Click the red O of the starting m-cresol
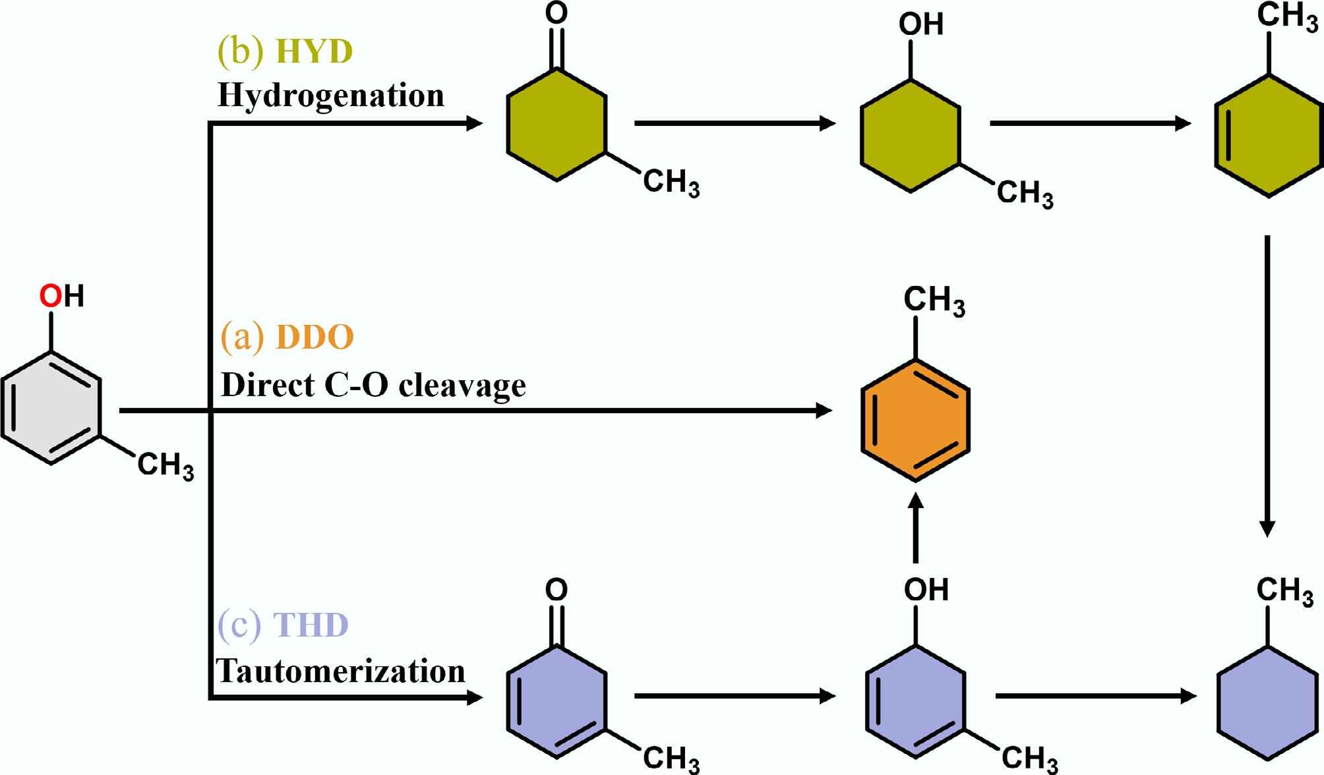tap(50, 296)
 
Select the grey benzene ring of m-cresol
tap(51, 409)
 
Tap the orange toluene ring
tap(915, 420)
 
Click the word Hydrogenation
tap(331, 96)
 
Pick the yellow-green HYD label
tap(314, 51)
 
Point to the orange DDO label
tap(315, 337)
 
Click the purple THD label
tap(310, 625)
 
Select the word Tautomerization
tap(341, 672)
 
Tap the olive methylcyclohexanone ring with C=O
tap(557, 125)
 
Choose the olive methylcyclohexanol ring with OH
tap(911, 136)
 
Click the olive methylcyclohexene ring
tap(1269, 136)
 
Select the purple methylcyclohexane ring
tap(1267, 703)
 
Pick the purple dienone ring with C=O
tap(557, 702)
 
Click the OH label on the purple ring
tap(926, 590)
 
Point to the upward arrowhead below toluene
tap(915, 502)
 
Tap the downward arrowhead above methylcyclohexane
tap(1267, 528)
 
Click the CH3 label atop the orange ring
tap(934, 301)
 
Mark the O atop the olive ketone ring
tap(557, 13)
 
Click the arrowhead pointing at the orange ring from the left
tap(824, 411)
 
